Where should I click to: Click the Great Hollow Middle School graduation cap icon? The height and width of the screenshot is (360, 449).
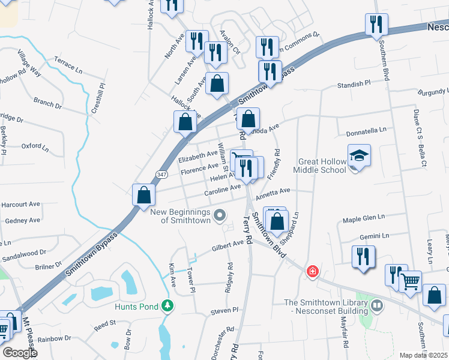pos(359,156)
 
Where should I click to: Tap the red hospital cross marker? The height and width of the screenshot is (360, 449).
pos(312,272)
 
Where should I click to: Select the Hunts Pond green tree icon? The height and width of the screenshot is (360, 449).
pos(170,307)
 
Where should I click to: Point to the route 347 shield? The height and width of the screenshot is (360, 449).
pos(161,174)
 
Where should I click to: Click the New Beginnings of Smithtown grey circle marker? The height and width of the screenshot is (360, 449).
pos(220,214)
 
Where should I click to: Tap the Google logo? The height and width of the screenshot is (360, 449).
pos(19,353)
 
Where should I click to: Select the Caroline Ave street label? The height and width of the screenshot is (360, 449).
pos(222,191)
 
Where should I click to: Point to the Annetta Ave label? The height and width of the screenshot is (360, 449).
pos(273,194)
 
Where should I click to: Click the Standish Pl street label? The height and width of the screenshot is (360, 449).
pos(349,85)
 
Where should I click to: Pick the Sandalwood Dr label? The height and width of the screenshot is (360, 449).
pos(24,256)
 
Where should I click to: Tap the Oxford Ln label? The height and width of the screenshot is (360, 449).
pos(35,146)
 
